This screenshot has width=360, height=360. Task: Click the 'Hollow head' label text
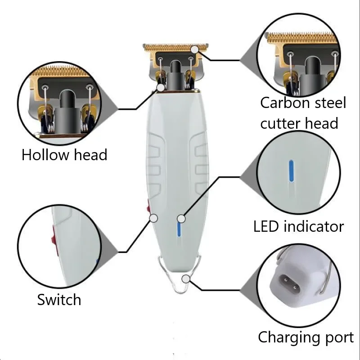(64, 155)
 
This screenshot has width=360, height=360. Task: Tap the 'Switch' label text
(59, 300)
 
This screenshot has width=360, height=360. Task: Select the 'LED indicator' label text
(298, 226)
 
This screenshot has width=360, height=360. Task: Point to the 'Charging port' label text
(306, 337)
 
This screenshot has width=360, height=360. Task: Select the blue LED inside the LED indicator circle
(291, 170)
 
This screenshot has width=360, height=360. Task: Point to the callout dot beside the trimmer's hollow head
(161, 87)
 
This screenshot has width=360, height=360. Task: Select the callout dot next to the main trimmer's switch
(153, 218)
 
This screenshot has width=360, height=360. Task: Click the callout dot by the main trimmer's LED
(181, 219)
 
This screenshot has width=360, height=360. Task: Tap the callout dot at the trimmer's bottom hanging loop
(186, 279)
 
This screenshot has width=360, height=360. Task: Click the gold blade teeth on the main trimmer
(175, 46)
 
